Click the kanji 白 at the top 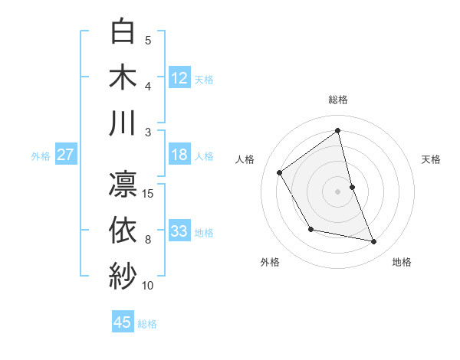point(123,32)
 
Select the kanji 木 point(123,77)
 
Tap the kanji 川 point(123,123)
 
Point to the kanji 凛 point(123,185)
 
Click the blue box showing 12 point(179,77)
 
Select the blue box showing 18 point(179,155)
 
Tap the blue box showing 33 point(179,231)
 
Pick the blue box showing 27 point(66,155)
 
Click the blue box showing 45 point(123,322)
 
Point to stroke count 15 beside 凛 point(149,193)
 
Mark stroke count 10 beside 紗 point(148,286)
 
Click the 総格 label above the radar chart point(338,100)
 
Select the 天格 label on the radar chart point(432,159)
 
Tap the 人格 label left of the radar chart point(245,159)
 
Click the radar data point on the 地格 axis point(374,242)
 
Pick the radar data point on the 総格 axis point(338,130)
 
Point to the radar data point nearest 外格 point(310,229)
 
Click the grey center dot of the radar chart point(338,191)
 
